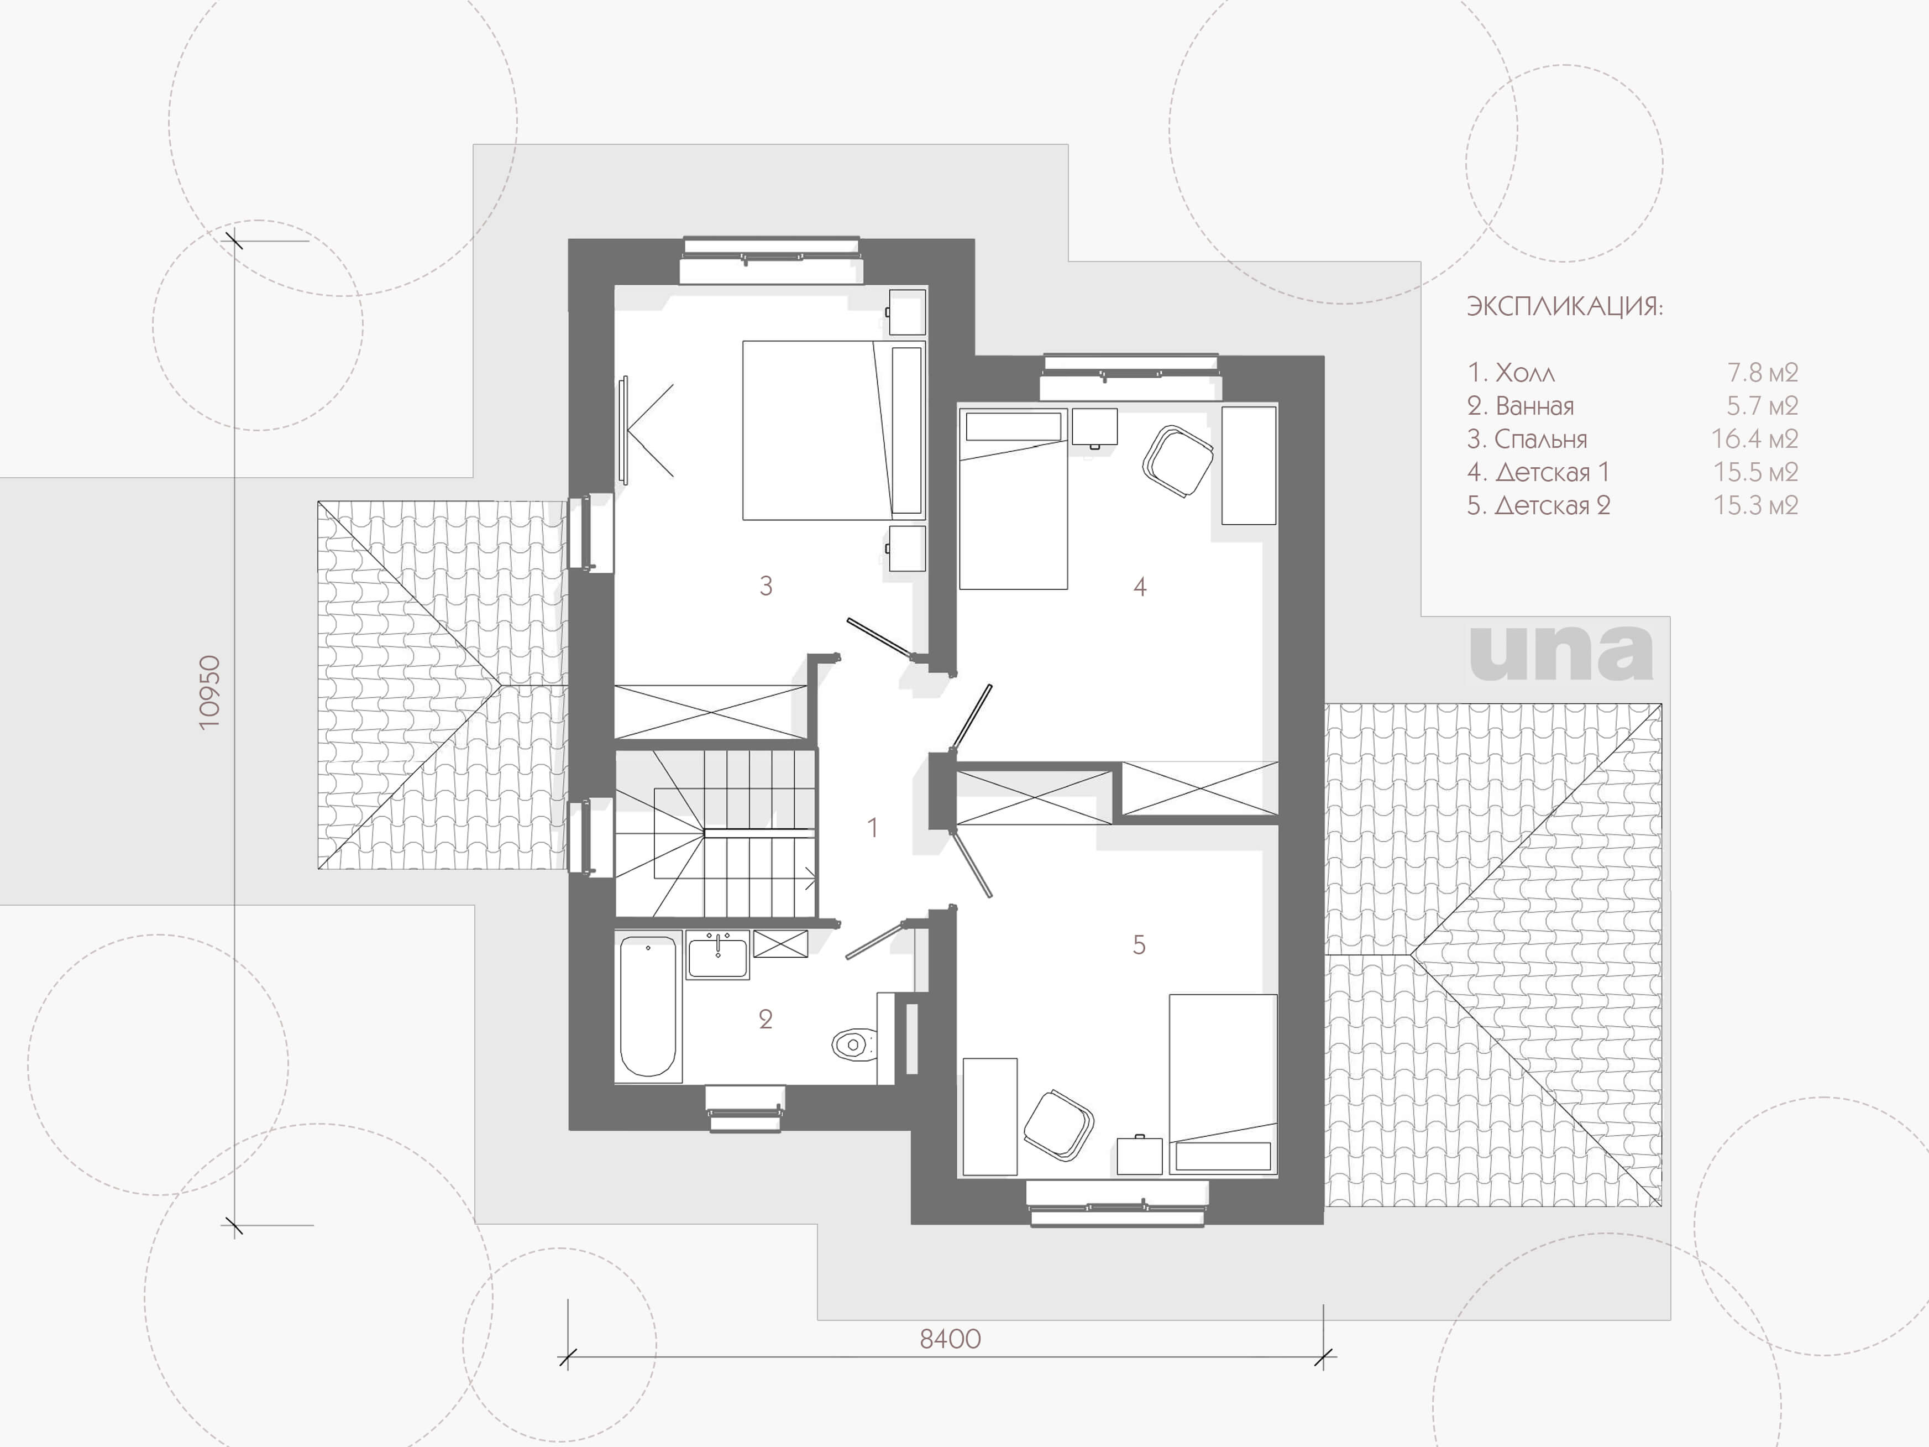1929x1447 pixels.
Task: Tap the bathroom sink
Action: pos(717,954)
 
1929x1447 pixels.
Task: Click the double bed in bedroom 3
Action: pos(833,430)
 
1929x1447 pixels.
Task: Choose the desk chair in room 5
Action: pos(1058,1125)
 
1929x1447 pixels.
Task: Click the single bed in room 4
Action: pos(1013,499)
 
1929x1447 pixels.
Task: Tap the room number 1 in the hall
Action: pos(872,827)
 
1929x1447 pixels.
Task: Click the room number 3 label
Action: pos(766,586)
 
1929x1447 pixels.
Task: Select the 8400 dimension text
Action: pos(951,1339)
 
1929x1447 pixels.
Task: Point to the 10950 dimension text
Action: pos(210,693)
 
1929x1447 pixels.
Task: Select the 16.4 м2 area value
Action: pos(1754,438)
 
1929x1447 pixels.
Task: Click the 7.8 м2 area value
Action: pos(1763,373)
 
